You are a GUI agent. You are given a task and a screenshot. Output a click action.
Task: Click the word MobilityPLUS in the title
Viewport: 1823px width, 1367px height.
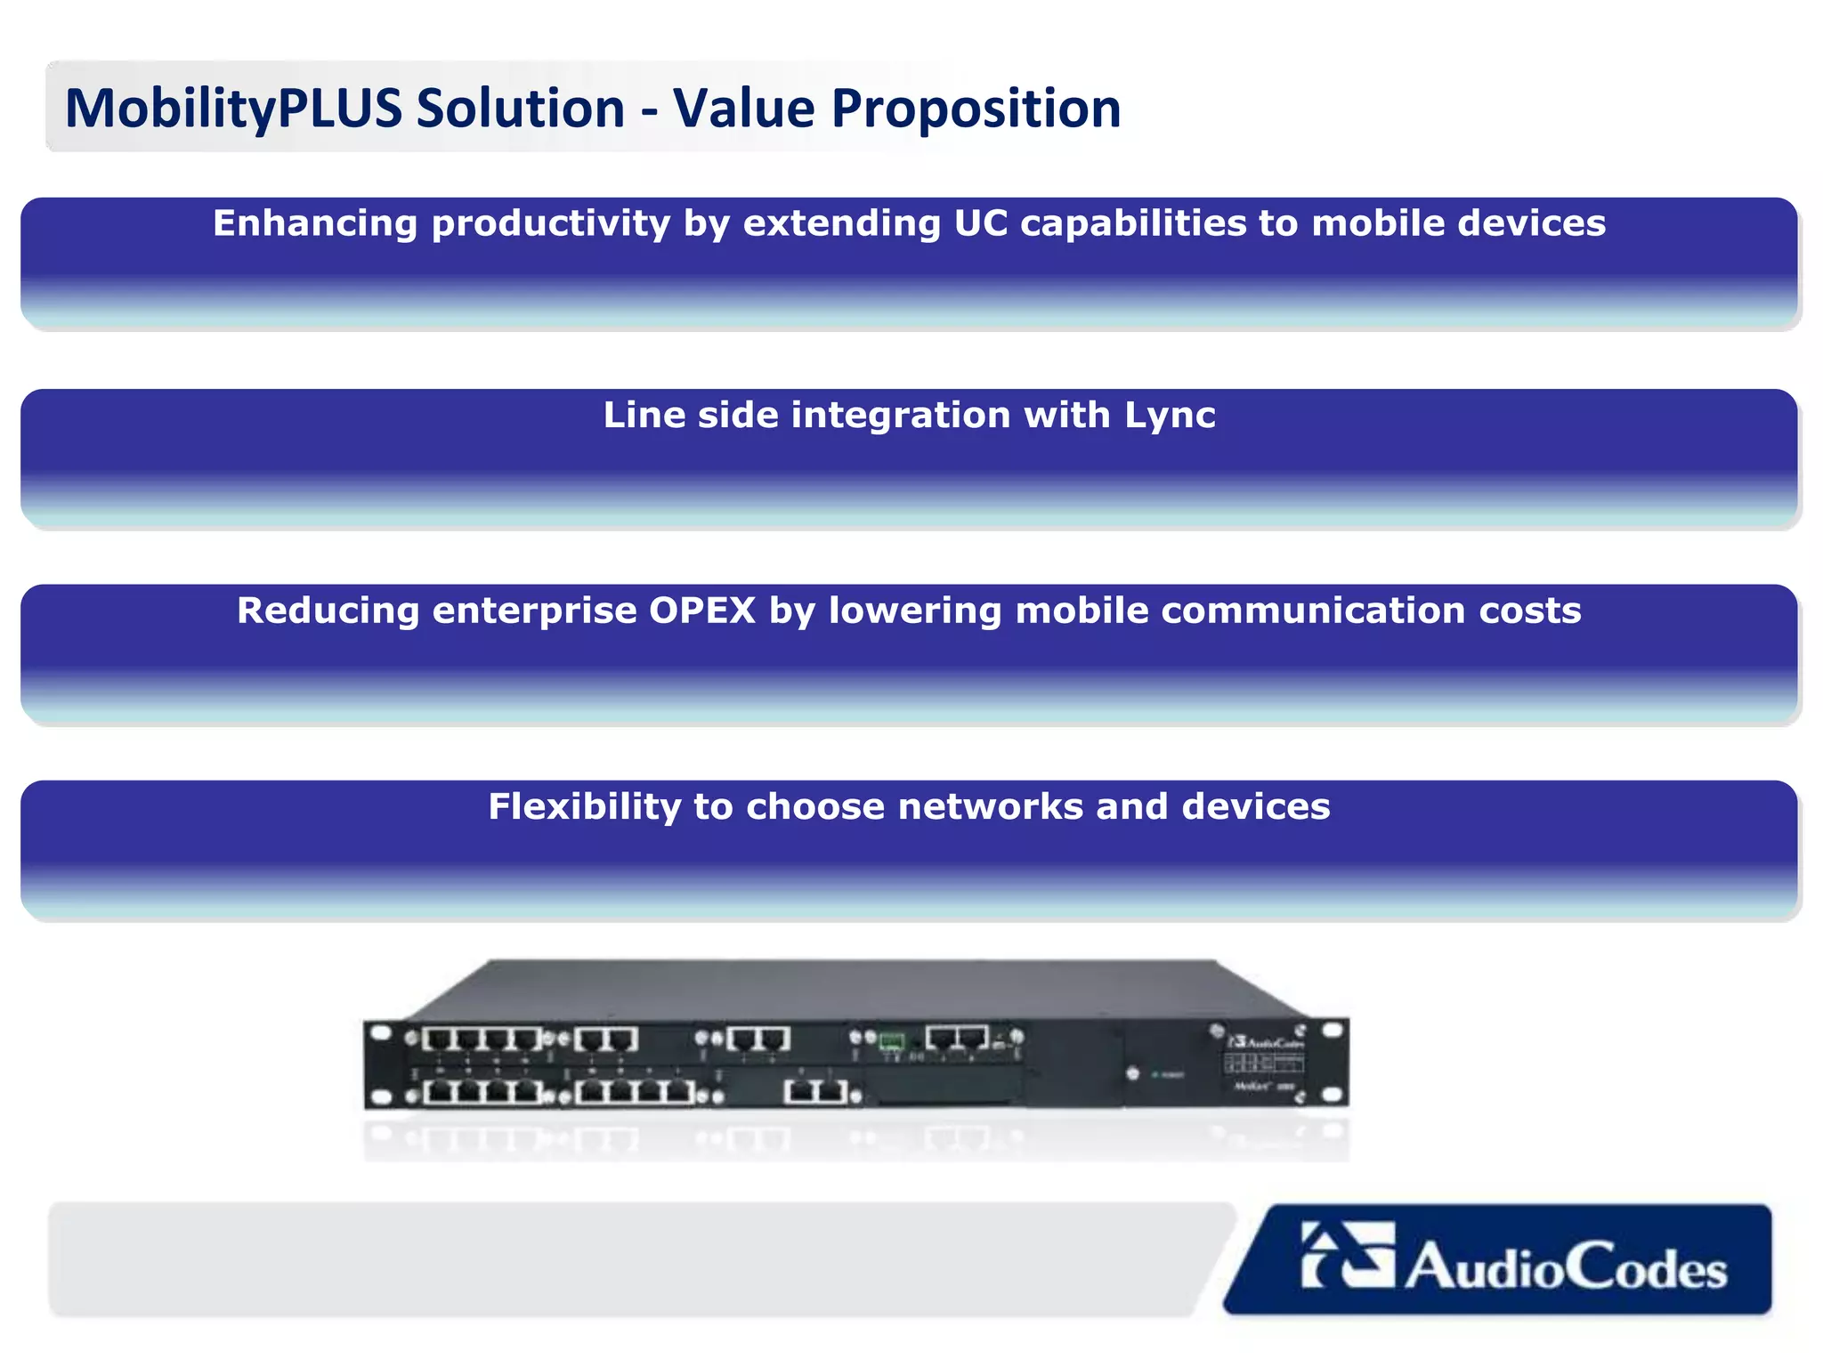(x=233, y=109)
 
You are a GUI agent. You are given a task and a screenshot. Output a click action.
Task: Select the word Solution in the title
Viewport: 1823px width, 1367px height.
(x=521, y=109)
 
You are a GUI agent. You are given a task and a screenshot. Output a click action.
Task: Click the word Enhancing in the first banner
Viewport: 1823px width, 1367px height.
(x=315, y=223)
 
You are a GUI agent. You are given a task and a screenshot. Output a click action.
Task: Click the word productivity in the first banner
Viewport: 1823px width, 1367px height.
(x=551, y=223)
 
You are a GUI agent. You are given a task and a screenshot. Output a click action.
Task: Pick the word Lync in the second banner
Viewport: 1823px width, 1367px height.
(x=1170, y=416)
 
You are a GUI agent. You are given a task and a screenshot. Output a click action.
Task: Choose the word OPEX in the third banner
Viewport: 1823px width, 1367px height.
(x=702, y=611)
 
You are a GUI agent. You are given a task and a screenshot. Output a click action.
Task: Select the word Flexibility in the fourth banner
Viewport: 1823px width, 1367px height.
(x=585, y=807)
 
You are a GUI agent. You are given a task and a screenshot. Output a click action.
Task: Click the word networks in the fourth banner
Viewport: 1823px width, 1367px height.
(x=991, y=807)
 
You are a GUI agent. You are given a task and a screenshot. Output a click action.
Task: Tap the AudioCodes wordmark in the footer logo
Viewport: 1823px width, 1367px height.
(x=1567, y=1267)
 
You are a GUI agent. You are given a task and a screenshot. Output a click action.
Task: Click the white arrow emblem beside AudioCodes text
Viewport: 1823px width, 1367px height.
(x=1347, y=1255)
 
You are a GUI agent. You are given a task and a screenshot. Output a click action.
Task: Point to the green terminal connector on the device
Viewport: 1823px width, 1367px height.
(x=891, y=1041)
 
